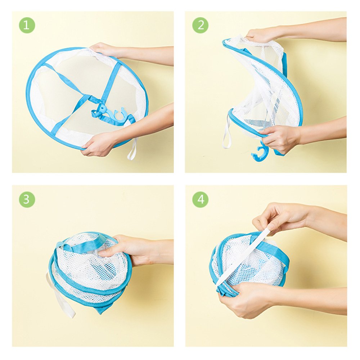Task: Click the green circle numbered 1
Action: coord(27,25)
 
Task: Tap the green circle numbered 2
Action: coord(200,25)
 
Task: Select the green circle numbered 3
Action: coord(27,199)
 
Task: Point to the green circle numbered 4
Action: coord(200,199)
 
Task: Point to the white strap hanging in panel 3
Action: coord(60,296)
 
